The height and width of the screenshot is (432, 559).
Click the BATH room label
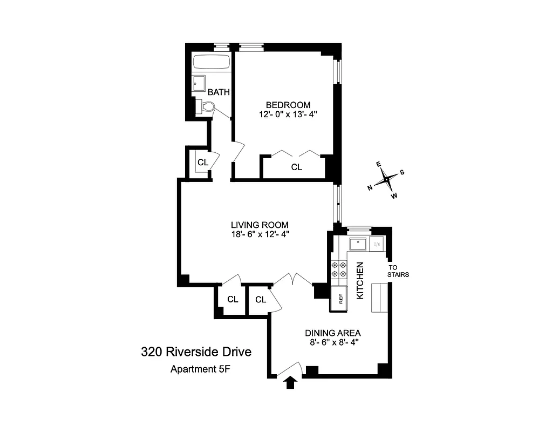[219, 92]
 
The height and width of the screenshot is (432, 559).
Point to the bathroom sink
[199, 83]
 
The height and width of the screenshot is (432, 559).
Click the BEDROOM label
[288, 105]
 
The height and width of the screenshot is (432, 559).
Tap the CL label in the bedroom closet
[297, 167]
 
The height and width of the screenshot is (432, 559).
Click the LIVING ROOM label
[260, 225]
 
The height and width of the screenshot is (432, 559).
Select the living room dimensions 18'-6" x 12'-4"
[260, 235]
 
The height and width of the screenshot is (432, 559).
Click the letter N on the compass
[370, 188]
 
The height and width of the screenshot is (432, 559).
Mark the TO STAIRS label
[398, 271]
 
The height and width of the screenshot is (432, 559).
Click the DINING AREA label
[333, 333]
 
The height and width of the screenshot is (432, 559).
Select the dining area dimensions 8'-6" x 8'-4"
[333, 342]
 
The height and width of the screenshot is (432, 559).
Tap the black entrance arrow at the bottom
[291, 382]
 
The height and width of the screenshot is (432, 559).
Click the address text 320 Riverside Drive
[196, 353]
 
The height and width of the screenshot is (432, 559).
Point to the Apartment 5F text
[196, 370]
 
